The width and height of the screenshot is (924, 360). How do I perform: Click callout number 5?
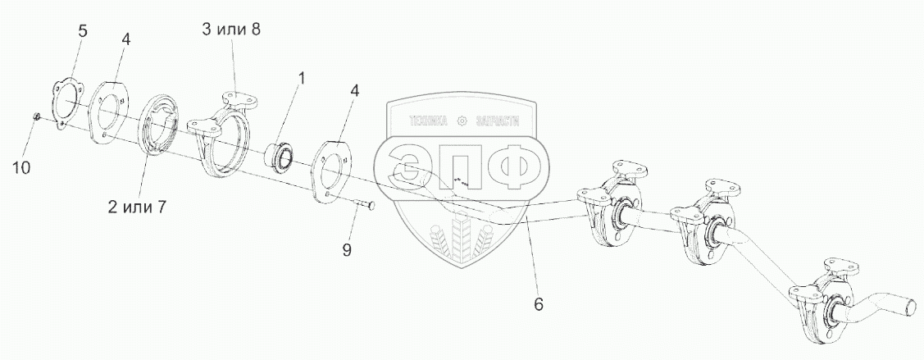coord(82,32)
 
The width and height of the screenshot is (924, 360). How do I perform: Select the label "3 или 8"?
coord(231,30)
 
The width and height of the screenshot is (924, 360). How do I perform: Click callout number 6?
coord(538,304)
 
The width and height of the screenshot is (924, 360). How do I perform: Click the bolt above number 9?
coord(362,205)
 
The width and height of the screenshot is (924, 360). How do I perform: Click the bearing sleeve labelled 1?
coord(280,155)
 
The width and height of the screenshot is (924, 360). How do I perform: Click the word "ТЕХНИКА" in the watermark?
coord(426,121)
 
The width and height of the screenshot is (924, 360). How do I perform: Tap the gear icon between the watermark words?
coord(462,121)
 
